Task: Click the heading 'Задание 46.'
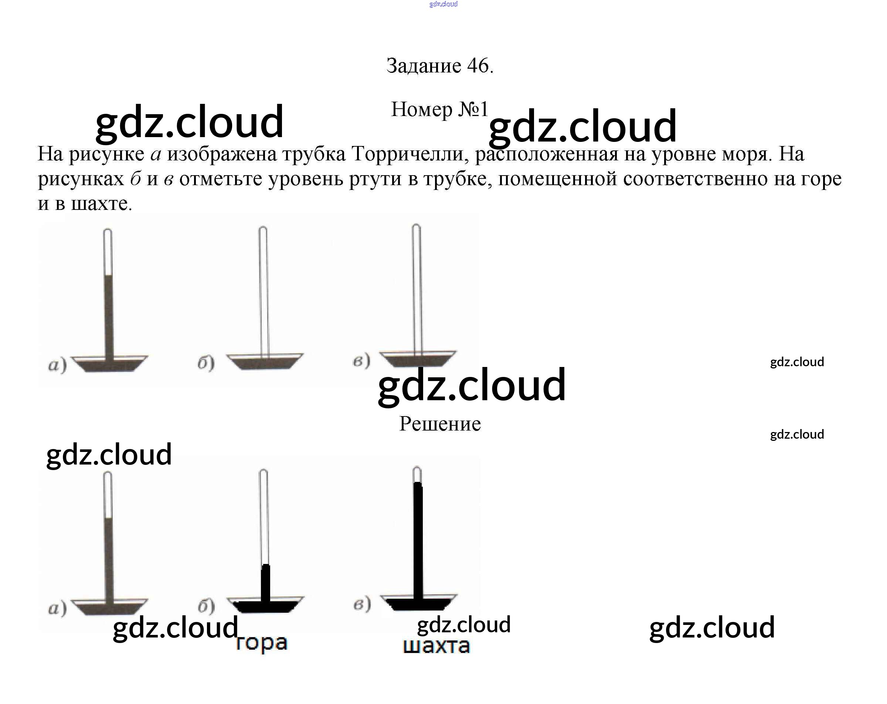coord(439,66)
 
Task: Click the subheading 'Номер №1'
coord(439,109)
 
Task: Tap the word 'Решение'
coord(440,424)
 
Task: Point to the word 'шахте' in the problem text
coord(101,204)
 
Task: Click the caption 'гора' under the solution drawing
coord(262,643)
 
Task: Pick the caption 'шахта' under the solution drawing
coord(436,646)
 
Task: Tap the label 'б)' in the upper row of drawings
coord(206,363)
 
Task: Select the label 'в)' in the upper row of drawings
coord(361,361)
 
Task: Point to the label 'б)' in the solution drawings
coord(206,606)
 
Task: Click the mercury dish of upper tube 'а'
coord(109,364)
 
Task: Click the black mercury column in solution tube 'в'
coord(418,539)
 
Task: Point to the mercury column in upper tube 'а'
coord(108,315)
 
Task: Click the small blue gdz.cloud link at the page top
coord(443,4)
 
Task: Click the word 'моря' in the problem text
coord(745,154)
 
